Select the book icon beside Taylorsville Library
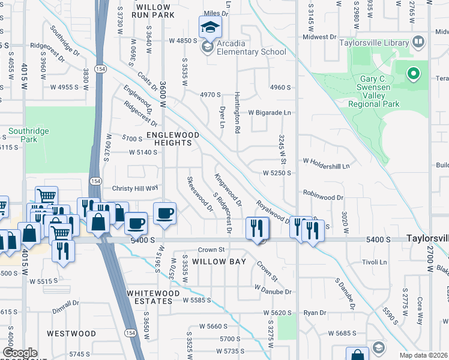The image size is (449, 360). (418, 42)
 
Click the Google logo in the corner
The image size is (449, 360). (20, 353)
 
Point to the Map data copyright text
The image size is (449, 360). (424, 355)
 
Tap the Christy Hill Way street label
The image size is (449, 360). (134, 188)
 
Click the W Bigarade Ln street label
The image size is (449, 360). (269, 112)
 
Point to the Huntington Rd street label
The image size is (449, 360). (237, 118)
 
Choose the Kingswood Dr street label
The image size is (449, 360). (228, 190)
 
